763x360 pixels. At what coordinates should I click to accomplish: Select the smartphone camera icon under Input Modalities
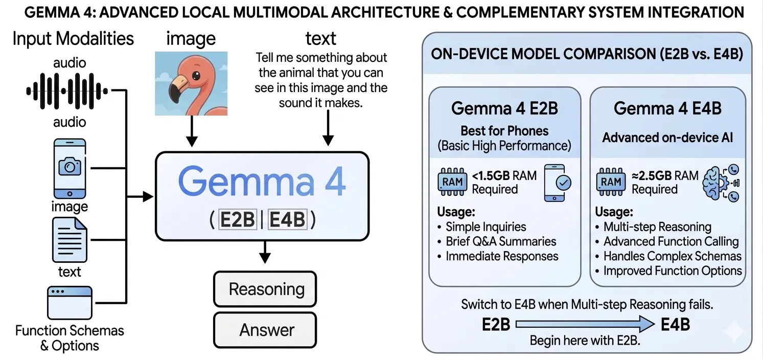click(70, 168)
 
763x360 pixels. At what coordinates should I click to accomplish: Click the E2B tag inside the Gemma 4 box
click(237, 220)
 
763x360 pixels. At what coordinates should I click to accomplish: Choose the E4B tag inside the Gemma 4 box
click(287, 220)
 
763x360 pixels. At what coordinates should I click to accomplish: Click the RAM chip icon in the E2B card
click(452, 182)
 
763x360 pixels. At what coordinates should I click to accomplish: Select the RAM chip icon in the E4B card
click(612, 182)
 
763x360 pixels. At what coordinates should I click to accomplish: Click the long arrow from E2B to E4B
click(585, 324)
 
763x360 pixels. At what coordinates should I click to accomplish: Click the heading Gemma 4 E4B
click(667, 108)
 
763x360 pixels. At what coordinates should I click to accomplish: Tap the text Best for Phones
click(504, 130)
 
